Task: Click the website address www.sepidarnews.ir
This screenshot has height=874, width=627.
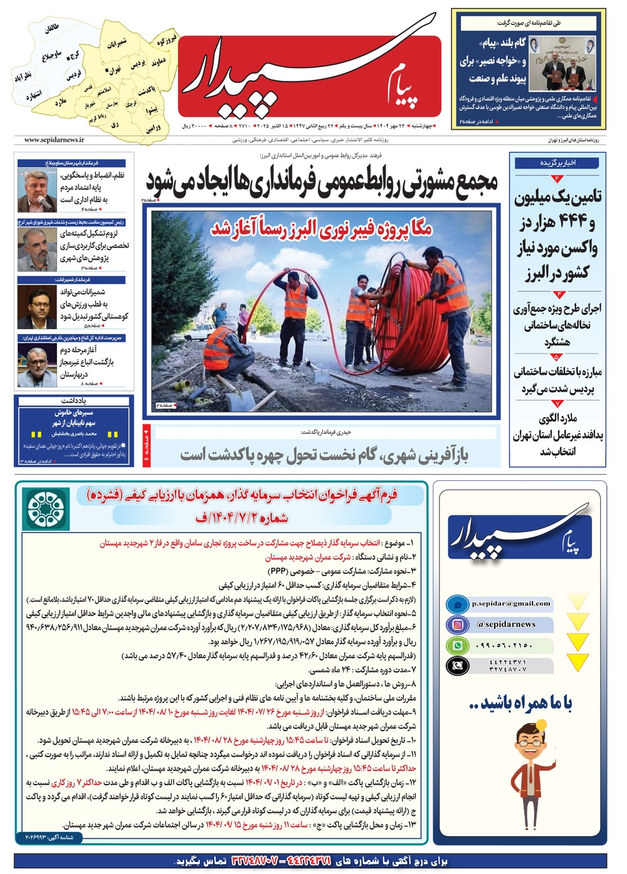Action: tap(55, 140)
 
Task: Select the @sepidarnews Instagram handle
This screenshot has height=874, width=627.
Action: tap(506, 624)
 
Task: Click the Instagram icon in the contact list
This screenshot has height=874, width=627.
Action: tap(458, 624)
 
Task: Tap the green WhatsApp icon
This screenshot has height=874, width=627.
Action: tap(458, 645)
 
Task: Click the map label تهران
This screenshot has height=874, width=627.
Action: tap(114, 71)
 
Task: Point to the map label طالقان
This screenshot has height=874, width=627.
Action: tap(51, 29)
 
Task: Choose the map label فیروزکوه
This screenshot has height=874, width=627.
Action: tap(166, 41)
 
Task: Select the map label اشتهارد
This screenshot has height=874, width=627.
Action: tap(33, 96)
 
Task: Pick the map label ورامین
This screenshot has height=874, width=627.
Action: tap(153, 128)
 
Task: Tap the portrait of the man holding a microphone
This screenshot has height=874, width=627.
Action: tap(37, 191)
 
